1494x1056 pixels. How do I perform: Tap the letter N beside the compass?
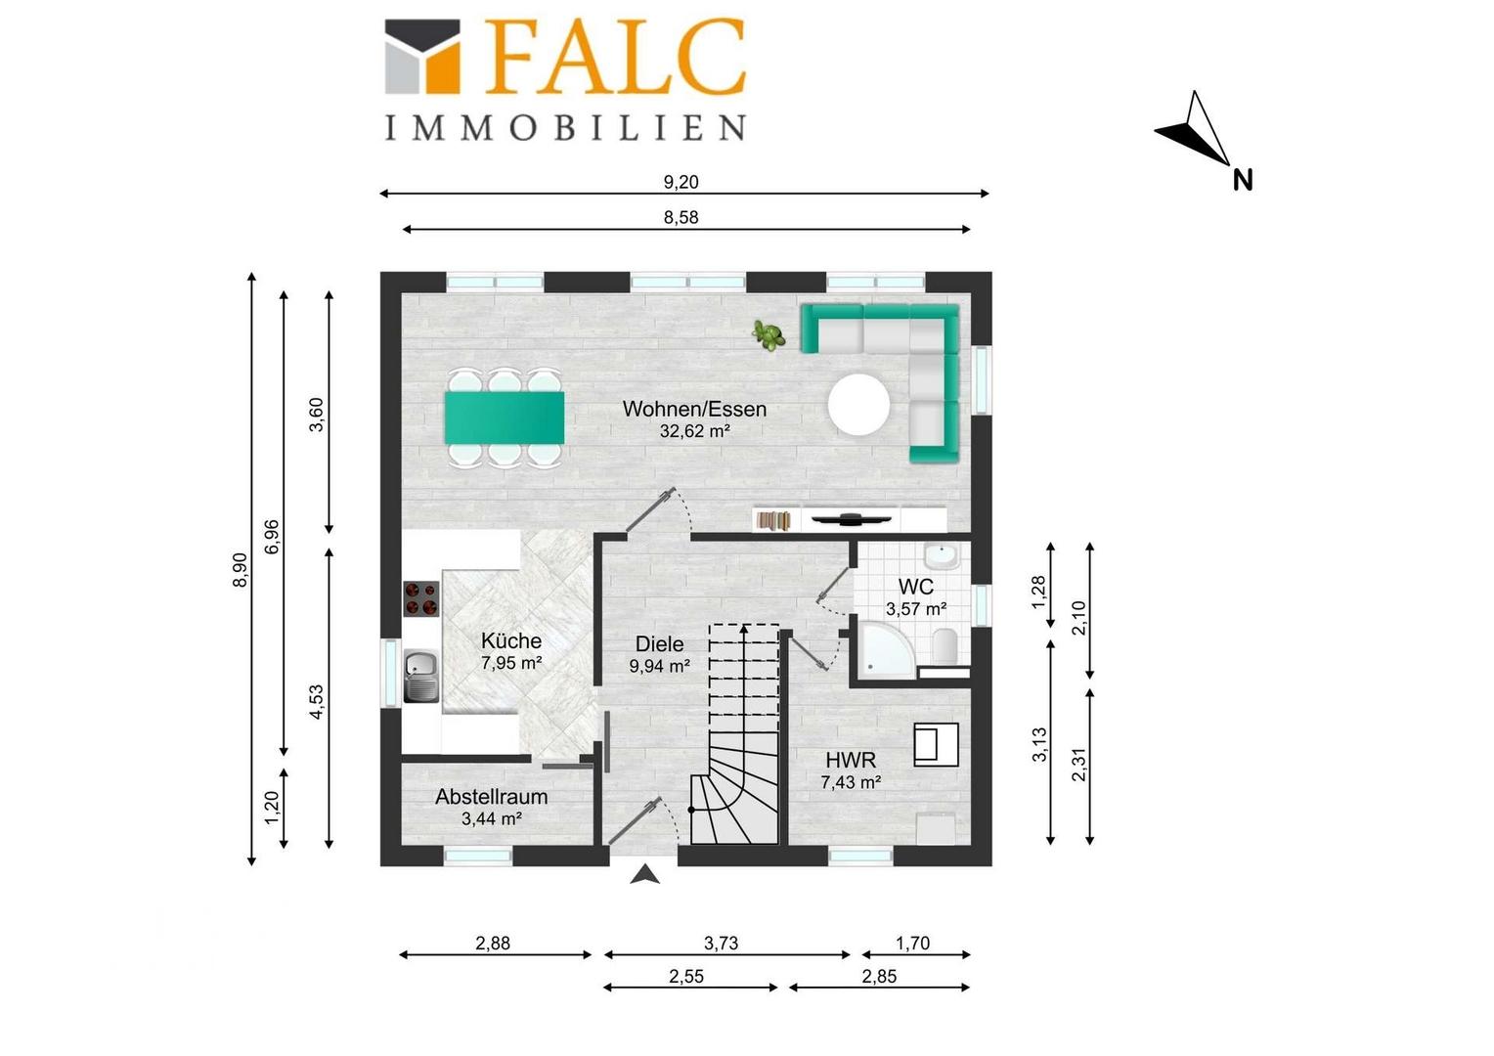click(1243, 180)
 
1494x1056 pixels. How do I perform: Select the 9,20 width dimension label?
click(681, 182)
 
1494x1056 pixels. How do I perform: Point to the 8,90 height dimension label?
click(239, 570)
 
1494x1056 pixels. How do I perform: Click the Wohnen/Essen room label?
click(694, 409)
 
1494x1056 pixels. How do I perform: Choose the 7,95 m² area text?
click(511, 662)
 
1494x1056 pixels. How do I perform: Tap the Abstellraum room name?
click(492, 796)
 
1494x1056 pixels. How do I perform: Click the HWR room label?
click(851, 759)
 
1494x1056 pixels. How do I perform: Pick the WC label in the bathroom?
click(916, 587)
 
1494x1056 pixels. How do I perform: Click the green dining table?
click(505, 418)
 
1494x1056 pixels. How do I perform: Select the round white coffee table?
click(859, 404)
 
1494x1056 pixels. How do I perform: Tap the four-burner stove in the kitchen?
click(420, 598)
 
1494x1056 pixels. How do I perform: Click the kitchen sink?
click(420, 676)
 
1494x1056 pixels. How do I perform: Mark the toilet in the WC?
click(945, 645)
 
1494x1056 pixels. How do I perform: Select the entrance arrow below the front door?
click(645, 874)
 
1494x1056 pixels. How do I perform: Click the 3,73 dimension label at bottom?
click(721, 943)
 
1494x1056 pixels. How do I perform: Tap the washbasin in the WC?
click(942, 555)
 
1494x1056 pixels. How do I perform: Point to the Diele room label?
click(659, 643)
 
